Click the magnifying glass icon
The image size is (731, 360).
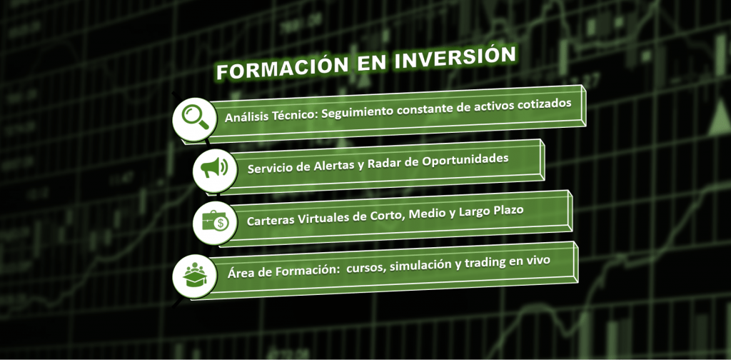194,117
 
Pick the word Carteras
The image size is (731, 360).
272,221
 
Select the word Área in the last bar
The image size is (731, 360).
241,272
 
